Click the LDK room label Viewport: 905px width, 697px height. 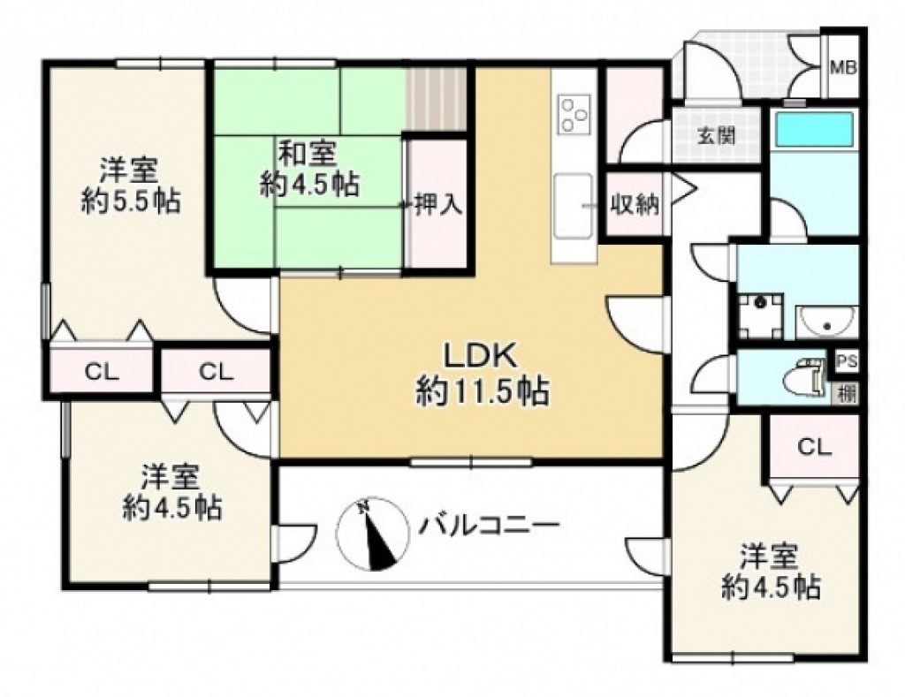[479, 357]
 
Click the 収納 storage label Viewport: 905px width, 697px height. [635, 204]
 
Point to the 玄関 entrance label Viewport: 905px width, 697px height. [716, 137]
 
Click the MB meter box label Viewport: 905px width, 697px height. [843, 68]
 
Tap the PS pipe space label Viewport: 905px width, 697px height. [847, 362]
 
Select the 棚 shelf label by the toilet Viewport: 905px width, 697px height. [847, 395]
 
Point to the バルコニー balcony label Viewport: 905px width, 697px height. [490, 526]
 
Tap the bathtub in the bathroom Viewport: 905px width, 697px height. [814, 129]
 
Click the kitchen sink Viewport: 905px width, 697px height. [573, 206]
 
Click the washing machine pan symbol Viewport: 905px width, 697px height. [760, 315]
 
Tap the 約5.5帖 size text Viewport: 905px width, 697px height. [131, 201]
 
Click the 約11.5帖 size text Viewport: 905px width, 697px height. [483, 392]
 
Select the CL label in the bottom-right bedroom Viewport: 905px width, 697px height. [814, 446]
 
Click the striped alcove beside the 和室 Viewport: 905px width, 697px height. [437, 99]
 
